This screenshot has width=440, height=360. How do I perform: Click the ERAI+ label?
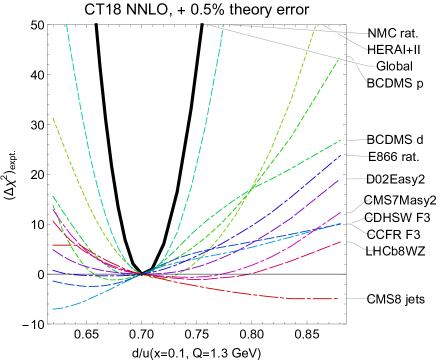393,49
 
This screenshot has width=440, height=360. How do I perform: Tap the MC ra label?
392,33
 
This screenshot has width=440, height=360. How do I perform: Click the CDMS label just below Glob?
393,83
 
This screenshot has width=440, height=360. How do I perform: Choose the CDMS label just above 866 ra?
393,139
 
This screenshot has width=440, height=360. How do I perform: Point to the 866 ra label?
393,157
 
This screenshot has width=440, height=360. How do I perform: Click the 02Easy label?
395,179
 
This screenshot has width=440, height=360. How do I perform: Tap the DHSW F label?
397,217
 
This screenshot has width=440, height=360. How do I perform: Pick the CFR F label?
393,234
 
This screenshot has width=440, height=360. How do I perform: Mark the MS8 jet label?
395,299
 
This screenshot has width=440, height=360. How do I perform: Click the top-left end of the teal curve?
67,25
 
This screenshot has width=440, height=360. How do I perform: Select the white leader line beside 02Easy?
359,179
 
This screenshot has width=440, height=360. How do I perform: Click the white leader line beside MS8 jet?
359,299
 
